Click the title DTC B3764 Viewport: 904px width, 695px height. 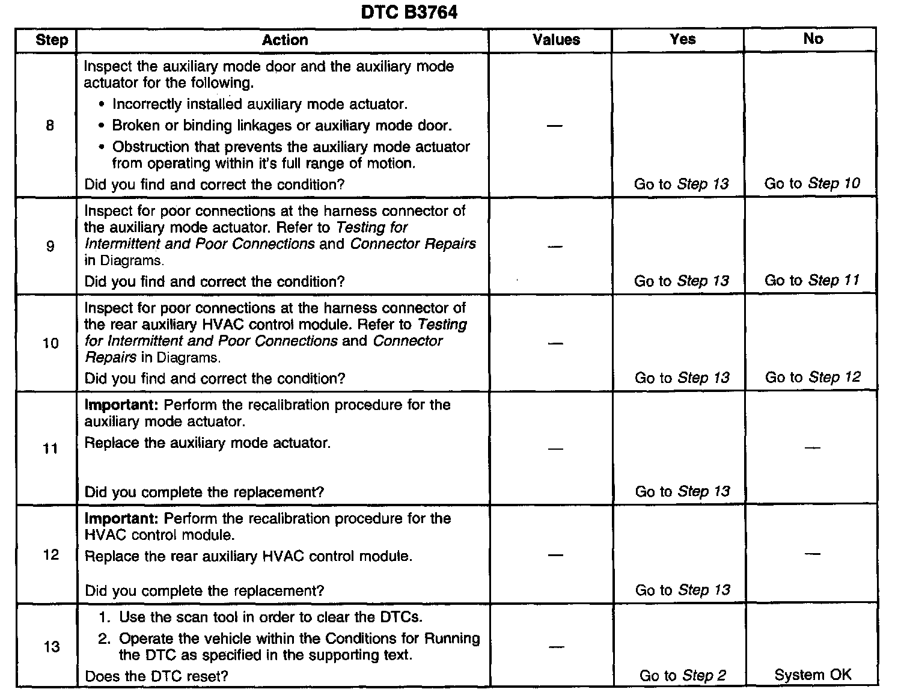409,12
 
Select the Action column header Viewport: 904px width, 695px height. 285,40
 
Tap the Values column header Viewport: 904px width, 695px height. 556,40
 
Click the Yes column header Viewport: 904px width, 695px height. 683,39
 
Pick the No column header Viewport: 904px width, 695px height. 813,39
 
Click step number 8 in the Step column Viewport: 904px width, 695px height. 50,126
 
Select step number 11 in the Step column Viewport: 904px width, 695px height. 50,449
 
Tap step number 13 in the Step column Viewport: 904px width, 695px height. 52,647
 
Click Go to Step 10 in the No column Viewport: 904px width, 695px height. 812,183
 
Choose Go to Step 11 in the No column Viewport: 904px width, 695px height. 812,280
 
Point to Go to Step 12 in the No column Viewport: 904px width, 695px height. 813,378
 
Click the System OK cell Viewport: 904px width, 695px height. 813,675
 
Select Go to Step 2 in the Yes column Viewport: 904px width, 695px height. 683,676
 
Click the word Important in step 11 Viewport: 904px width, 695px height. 121,405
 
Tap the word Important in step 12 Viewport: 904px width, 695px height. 121,519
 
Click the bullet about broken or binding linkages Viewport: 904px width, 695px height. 281,126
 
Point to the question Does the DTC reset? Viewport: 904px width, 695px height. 156,676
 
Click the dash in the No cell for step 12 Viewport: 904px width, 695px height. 813,553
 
